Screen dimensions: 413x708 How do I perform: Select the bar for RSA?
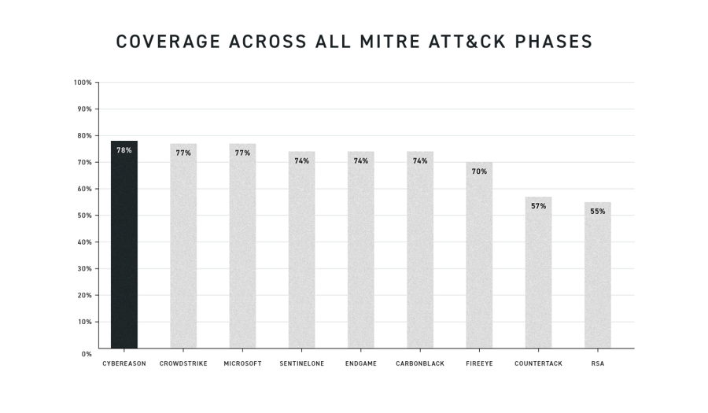pyautogui.click(x=598, y=275)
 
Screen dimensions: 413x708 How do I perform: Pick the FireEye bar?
pyautogui.click(x=479, y=256)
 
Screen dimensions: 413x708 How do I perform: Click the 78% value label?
pyautogui.click(x=124, y=150)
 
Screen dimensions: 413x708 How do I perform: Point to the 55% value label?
pyautogui.click(x=598, y=212)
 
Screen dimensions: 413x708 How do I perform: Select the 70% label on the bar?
pyautogui.click(x=479, y=171)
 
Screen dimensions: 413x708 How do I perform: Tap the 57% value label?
pyautogui.click(x=539, y=206)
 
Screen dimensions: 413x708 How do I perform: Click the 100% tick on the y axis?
pyautogui.click(x=83, y=83)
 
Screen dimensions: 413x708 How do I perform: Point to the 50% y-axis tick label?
pyautogui.click(x=84, y=216)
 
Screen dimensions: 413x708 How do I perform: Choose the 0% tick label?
pyautogui.click(x=87, y=354)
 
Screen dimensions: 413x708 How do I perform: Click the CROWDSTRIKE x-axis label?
pyautogui.click(x=183, y=364)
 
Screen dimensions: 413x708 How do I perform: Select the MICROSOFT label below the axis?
pyautogui.click(x=242, y=364)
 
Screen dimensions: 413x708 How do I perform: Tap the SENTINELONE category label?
pyautogui.click(x=302, y=364)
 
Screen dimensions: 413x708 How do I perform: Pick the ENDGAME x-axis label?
pyautogui.click(x=361, y=364)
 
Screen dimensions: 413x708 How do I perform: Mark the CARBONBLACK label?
pyautogui.click(x=420, y=364)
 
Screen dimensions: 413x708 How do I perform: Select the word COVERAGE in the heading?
pyautogui.click(x=168, y=42)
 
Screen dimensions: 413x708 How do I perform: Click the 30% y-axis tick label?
pyautogui.click(x=84, y=269)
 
